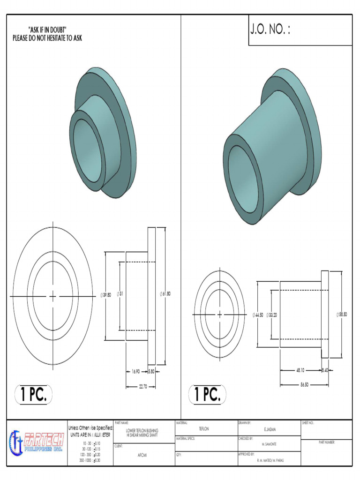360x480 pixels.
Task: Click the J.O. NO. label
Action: pyautogui.click(x=270, y=30)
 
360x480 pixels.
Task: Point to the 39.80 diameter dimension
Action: pyautogui.click(x=106, y=295)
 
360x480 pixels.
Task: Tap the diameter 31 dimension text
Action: pyautogui.click(x=120, y=294)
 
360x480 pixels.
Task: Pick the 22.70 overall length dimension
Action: pyautogui.click(x=143, y=387)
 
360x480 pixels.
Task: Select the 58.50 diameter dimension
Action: pyautogui.click(x=342, y=315)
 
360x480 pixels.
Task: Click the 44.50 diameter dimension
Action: pyautogui.click(x=258, y=315)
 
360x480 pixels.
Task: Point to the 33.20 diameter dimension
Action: pyautogui.click(x=272, y=315)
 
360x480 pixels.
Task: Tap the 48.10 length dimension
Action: pyautogui.click(x=300, y=370)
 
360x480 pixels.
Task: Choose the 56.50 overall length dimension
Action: pyautogui.click(x=304, y=384)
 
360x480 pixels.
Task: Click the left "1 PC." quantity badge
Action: pyautogui.click(x=34, y=395)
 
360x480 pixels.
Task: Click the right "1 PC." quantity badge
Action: pyautogui.click(x=207, y=395)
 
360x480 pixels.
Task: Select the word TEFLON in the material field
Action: pyautogui.click(x=204, y=429)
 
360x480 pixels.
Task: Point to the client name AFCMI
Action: pyautogui.click(x=143, y=455)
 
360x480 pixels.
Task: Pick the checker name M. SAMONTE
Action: pyautogui.click(x=269, y=444)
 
